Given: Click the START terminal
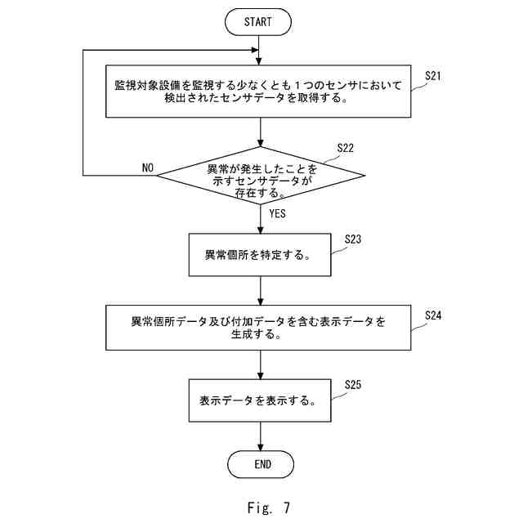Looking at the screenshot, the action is coord(258,22).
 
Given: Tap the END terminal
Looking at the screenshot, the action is coord(261,464).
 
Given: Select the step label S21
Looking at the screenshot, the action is coord(433,76).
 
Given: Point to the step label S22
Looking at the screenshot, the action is coord(345,148).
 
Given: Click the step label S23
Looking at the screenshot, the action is coord(353,239).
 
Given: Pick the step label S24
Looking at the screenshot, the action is coord(433,315).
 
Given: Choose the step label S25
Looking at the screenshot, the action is coord(353,385).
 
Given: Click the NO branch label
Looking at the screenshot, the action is coord(148,168).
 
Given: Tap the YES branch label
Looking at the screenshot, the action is coord(278,213).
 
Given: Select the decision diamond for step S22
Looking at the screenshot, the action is coord(261,176).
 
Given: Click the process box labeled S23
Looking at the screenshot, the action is coord(260,255).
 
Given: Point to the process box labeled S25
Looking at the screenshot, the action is coord(260,400).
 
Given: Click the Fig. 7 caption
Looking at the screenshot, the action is coord(269,507).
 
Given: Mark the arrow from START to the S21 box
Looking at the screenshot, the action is coord(258,51).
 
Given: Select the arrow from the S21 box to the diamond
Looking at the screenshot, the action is coord(261,132).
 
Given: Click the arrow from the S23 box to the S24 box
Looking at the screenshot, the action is coord(261,291).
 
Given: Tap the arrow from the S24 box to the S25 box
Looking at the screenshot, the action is coord(261,364).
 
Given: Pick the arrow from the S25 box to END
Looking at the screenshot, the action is coord(261,436).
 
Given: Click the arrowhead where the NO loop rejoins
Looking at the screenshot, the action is coord(255,50).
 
